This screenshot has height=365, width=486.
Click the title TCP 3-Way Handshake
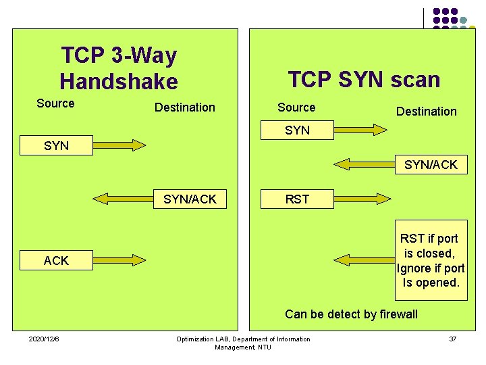119,68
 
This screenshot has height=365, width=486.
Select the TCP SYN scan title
364,80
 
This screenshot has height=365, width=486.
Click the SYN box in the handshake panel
56,145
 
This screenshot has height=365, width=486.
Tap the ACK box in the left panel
56,261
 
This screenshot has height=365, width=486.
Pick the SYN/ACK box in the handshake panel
190,199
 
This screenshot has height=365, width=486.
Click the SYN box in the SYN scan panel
297,130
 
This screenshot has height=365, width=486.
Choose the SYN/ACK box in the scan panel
431,164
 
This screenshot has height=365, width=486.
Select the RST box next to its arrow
297,199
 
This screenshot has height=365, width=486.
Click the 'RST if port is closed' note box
430,261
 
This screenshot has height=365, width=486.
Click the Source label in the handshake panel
55,103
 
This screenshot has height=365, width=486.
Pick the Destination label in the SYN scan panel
426,111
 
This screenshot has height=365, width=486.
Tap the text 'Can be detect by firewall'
351,314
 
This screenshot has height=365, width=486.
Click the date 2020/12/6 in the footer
44,339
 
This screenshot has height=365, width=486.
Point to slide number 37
452,339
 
